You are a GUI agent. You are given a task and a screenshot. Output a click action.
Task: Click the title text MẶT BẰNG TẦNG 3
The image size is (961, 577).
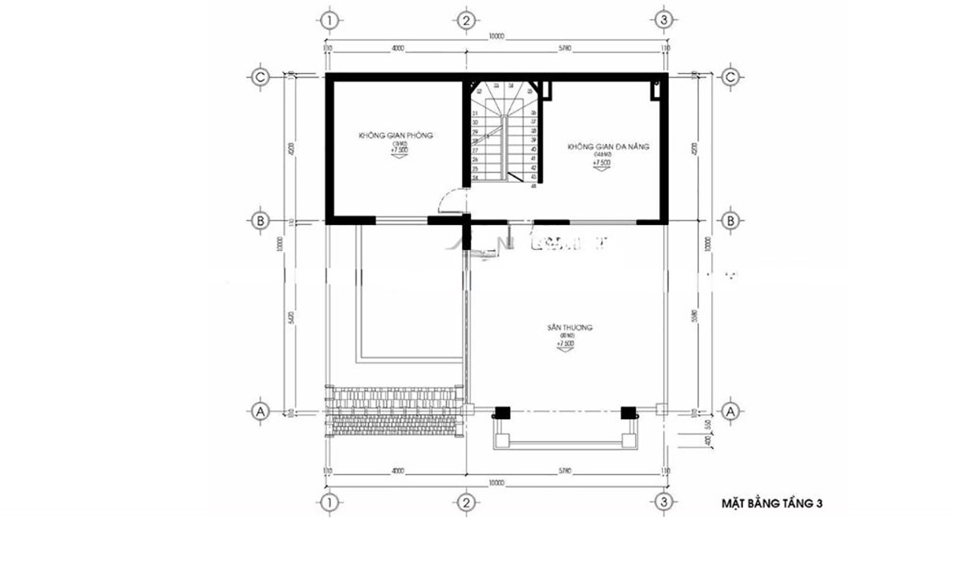click(772, 504)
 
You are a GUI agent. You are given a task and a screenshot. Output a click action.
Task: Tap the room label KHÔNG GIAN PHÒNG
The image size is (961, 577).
click(396, 136)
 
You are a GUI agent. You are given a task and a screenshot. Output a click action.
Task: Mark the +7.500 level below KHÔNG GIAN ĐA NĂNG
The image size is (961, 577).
click(601, 163)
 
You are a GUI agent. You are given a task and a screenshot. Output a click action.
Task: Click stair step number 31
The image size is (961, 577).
click(476, 114)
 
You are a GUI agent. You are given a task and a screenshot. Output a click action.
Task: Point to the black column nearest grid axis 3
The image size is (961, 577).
click(630, 413)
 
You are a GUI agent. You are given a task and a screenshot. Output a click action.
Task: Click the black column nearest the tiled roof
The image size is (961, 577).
click(501, 413)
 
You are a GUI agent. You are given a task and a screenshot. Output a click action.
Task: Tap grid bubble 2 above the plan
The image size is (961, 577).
click(464, 20)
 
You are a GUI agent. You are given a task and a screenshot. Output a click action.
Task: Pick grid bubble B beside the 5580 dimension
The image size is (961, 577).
click(730, 220)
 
